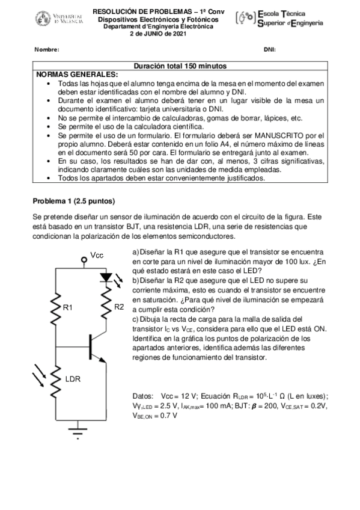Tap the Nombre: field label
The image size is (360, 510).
pyautogui.click(x=46, y=49)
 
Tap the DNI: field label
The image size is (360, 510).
pyautogui.click(x=269, y=49)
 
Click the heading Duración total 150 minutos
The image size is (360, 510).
pyautogui.click(x=180, y=66)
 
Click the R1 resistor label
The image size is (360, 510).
pyautogui.click(x=68, y=307)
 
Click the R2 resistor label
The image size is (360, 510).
pyautogui.click(x=119, y=307)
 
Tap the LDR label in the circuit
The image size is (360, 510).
pyautogui.click(x=72, y=379)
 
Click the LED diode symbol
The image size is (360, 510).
pyautogui.click(x=106, y=278)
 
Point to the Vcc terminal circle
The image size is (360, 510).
pyautogui.click(x=83, y=260)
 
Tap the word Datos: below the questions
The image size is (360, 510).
pyautogui.click(x=143, y=396)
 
